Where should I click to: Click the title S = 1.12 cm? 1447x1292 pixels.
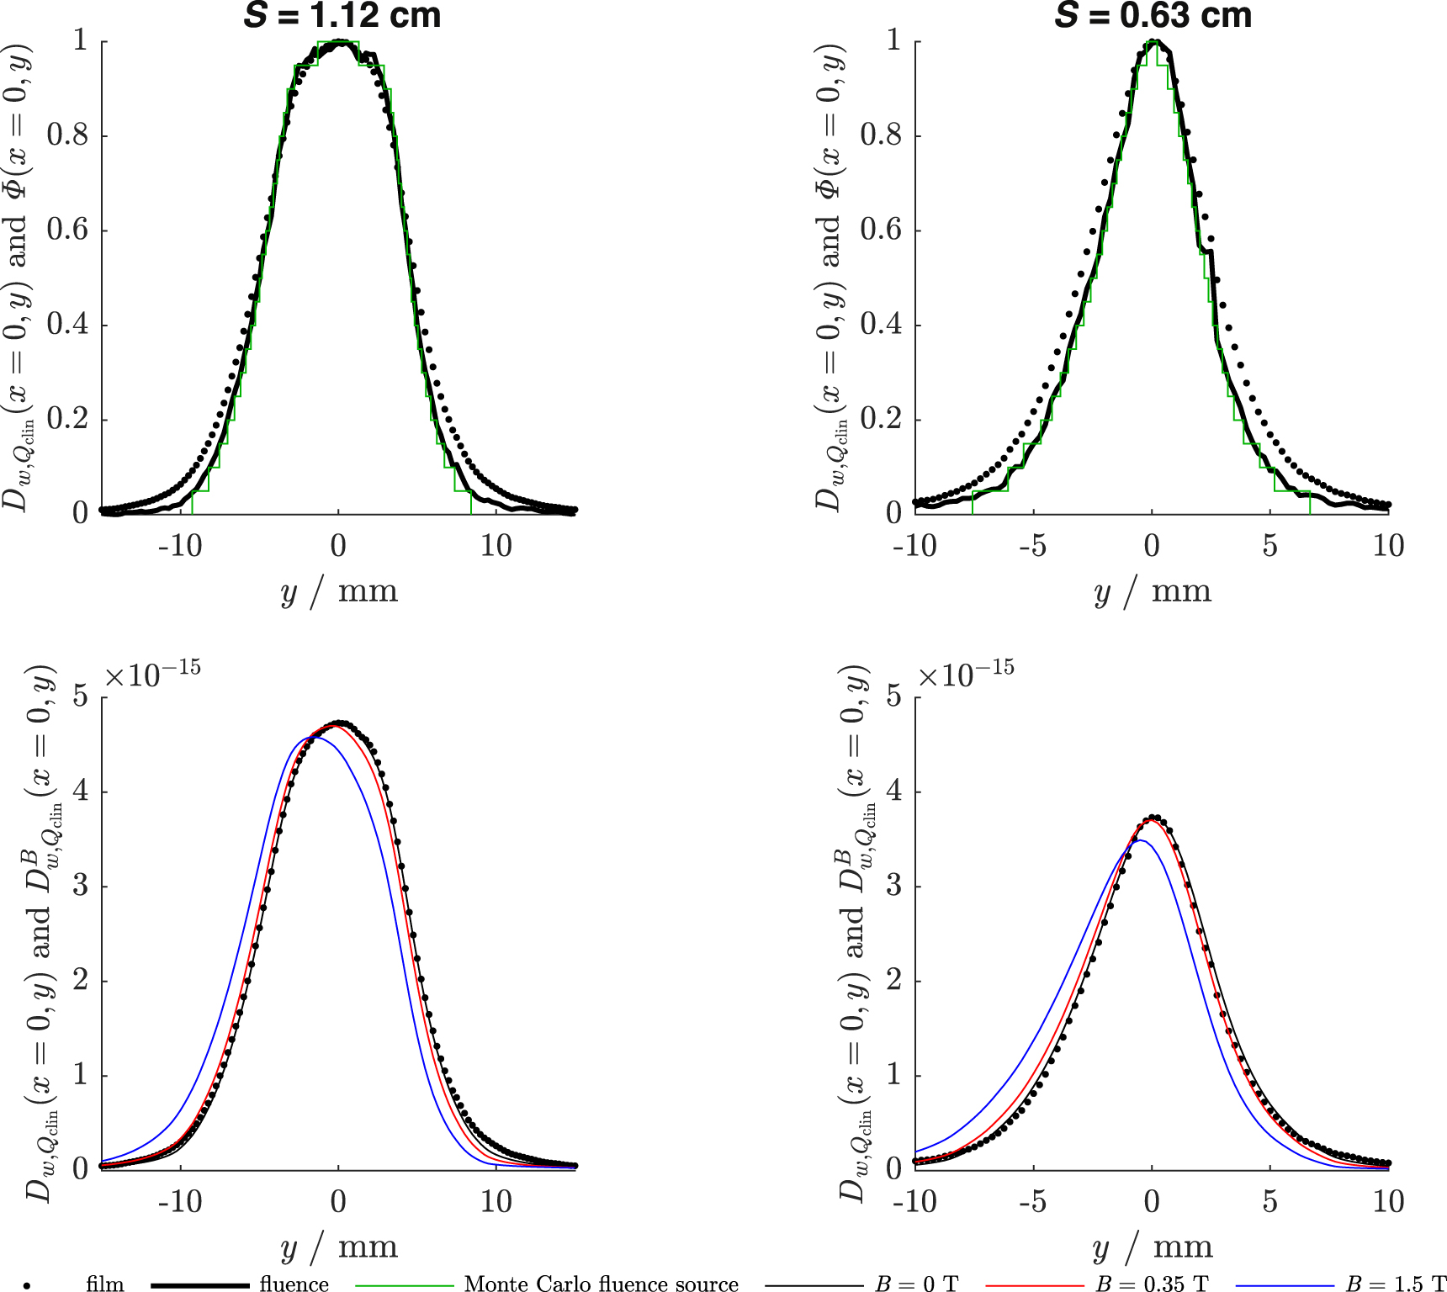342,15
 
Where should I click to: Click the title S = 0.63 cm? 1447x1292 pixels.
1153,15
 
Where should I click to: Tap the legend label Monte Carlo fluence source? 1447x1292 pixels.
601,1284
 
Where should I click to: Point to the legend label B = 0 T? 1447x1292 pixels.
916,1284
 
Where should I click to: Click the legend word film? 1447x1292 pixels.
104,1284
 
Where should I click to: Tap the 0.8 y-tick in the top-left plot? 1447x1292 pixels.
67,135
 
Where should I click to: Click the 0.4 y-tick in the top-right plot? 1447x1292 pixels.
881,324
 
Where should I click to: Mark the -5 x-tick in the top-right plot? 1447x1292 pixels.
1033,546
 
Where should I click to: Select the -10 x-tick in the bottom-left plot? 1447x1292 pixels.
180,1201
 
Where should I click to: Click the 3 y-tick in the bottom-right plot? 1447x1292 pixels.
893,886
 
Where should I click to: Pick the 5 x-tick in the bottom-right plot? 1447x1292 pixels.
1270,1201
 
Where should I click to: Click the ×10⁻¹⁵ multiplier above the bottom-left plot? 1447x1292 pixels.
152,674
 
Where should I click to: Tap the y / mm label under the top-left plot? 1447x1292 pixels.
338,591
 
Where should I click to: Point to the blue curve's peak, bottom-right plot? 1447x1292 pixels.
1139,840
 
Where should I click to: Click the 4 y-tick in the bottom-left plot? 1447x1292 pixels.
80,792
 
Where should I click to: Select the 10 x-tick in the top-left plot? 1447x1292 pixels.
496,546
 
